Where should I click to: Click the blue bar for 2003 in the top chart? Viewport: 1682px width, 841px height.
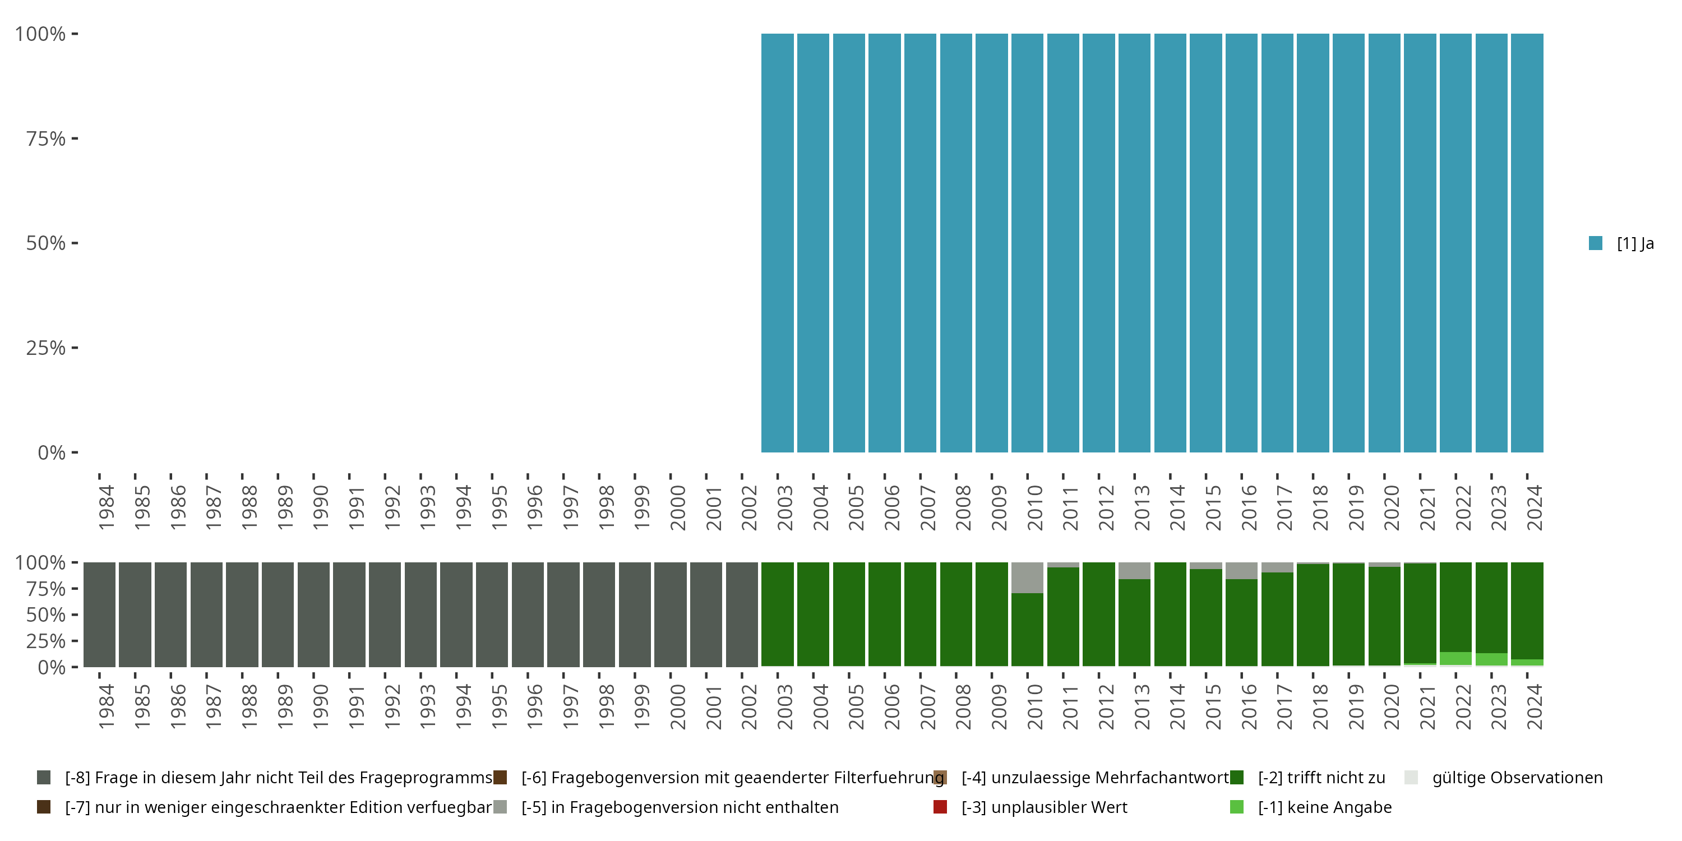pos(777,243)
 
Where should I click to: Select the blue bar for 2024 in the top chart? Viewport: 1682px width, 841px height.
pos(1527,243)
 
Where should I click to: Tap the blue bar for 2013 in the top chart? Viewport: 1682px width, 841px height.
pos(1134,243)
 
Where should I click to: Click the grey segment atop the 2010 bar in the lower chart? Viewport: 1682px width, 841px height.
pos(1027,577)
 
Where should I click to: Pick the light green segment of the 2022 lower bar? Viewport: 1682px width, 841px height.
pos(1455,658)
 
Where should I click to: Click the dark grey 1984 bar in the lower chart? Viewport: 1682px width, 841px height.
pos(99,614)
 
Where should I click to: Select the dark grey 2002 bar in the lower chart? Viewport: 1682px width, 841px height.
pos(742,614)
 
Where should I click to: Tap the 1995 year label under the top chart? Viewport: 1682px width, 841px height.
pos(500,507)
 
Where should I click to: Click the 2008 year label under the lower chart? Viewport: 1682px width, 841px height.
pos(964,706)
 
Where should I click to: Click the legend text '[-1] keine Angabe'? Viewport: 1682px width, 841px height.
pos(1324,807)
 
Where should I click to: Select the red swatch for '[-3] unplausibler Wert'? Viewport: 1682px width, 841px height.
pos(940,807)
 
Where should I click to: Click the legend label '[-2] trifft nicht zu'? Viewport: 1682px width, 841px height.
pos(1321,778)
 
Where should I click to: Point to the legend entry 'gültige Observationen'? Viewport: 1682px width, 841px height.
pos(1517,778)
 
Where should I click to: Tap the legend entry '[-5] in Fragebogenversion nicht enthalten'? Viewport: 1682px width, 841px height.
pos(680,807)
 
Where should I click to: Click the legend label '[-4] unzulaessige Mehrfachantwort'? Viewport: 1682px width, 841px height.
pos(1094,778)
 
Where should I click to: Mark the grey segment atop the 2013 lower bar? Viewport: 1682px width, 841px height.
pos(1134,570)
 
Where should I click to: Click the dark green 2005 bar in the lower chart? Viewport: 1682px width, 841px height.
pos(849,614)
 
